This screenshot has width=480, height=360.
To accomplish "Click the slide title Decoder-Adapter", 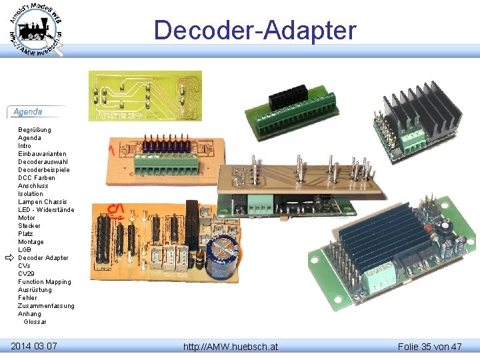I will pyautogui.click(x=255, y=31).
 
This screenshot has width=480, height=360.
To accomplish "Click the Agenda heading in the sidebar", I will pyautogui.click(x=28, y=112).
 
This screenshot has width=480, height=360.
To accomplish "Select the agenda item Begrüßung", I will pyautogui.click(x=35, y=130).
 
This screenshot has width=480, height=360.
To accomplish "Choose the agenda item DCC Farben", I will pyautogui.click(x=37, y=178).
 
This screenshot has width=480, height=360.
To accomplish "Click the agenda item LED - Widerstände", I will pyautogui.click(x=46, y=210).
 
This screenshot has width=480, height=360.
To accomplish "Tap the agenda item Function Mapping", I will pyautogui.click(x=44, y=282).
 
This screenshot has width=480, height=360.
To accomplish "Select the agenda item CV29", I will pyautogui.click(x=27, y=274).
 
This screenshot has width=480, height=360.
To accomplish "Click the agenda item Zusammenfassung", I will pyautogui.click(x=46, y=306).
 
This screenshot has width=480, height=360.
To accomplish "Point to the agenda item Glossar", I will pyautogui.click(x=35, y=322).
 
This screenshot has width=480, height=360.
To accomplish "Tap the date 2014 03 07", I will pyautogui.click(x=34, y=346).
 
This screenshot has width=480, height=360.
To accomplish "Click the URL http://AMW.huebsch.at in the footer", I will pyautogui.click(x=231, y=347).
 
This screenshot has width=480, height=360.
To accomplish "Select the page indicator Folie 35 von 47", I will pyautogui.click(x=429, y=347).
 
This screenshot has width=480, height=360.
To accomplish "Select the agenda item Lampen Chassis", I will pyautogui.click(x=42, y=202).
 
